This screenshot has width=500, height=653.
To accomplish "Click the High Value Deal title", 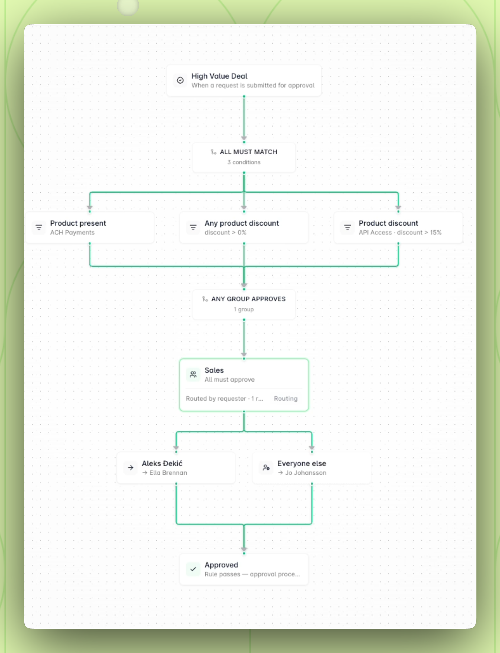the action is [x=219, y=76].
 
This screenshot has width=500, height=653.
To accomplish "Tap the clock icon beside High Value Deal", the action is [x=180, y=80].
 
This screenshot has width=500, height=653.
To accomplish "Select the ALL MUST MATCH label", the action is [x=248, y=152].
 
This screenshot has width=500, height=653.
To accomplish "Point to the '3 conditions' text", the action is [x=244, y=162].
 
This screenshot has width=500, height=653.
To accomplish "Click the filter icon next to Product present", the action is [x=39, y=227].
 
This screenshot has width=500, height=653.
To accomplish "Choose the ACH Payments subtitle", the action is [x=72, y=232].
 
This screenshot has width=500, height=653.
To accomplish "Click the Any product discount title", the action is [x=242, y=223].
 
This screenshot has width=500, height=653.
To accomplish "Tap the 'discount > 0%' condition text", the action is [x=226, y=232].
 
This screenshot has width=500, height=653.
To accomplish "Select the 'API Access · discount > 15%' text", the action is [x=400, y=232].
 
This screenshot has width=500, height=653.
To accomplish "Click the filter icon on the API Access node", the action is [x=347, y=227].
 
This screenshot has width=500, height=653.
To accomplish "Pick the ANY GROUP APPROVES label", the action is [x=248, y=299].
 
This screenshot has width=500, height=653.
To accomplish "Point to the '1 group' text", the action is [x=244, y=309].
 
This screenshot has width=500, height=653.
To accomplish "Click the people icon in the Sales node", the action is [x=193, y=375].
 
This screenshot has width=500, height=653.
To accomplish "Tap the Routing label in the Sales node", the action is [x=286, y=399].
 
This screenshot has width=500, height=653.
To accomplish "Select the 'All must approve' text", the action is [x=229, y=380].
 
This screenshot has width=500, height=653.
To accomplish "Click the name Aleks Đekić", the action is [x=162, y=463].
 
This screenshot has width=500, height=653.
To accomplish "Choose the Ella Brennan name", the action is [x=168, y=473].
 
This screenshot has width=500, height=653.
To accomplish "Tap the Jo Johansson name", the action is [x=306, y=473].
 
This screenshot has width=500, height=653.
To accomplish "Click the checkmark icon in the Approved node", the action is [x=193, y=569].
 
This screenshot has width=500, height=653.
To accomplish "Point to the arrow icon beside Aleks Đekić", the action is [x=131, y=468].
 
